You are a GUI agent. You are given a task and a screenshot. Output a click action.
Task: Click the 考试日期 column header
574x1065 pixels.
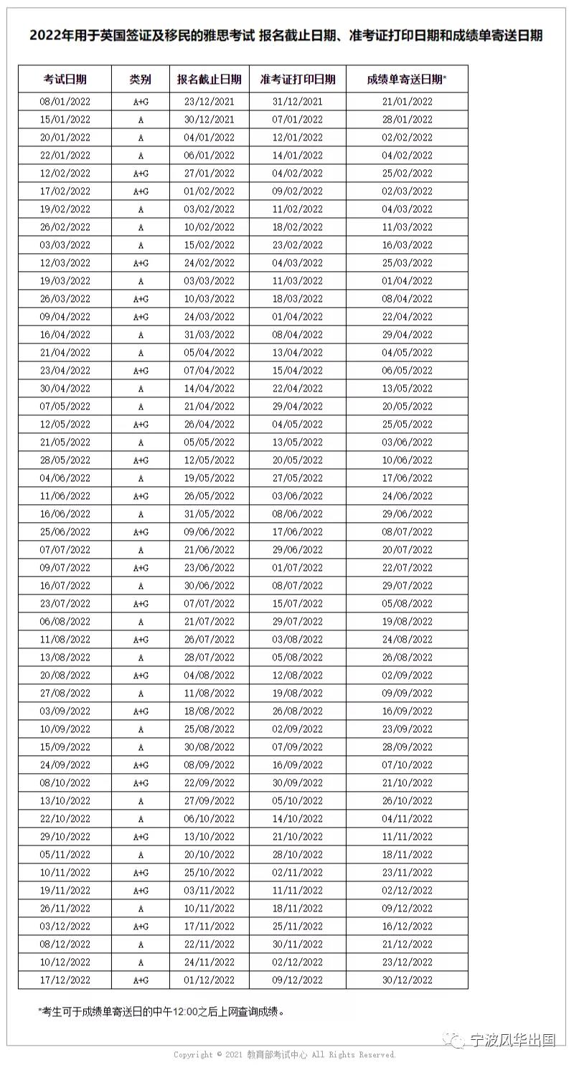pyautogui.click(x=65, y=79)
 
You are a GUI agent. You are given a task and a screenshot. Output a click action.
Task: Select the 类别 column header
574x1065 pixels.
pyautogui.click(x=141, y=79)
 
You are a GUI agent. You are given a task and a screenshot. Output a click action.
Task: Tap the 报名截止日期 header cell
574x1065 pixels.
pyautogui.click(x=210, y=79)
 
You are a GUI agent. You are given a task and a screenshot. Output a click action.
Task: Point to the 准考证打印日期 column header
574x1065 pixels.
pyautogui.click(x=298, y=79)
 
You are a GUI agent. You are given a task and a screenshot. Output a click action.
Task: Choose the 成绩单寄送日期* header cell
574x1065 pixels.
pyautogui.click(x=407, y=79)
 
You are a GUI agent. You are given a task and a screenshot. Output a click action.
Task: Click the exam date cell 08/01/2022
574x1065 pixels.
pyautogui.click(x=65, y=102)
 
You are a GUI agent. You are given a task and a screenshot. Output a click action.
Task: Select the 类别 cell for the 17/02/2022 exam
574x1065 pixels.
pyautogui.click(x=141, y=191)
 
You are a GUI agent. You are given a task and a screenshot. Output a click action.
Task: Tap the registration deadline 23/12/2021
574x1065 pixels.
pyautogui.click(x=210, y=102)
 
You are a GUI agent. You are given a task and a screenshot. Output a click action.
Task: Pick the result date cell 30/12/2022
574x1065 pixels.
pyautogui.click(x=407, y=980)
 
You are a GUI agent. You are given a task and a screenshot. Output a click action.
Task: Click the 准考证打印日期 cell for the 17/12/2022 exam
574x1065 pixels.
pyautogui.click(x=298, y=980)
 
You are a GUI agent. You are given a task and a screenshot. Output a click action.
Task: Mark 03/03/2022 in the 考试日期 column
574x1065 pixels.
pyautogui.click(x=65, y=245)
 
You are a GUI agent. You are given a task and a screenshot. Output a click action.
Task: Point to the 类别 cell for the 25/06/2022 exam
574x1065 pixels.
pyautogui.click(x=141, y=532)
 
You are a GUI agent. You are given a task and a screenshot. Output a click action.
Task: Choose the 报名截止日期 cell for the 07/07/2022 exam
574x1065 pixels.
pyautogui.click(x=210, y=550)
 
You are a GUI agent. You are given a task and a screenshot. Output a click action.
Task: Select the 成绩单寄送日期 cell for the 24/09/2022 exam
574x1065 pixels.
pyautogui.click(x=407, y=765)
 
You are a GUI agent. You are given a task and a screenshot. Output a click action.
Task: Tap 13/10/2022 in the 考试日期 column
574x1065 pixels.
pyautogui.click(x=65, y=801)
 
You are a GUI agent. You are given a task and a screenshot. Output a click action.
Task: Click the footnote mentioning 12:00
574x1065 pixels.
pyautogui.click(x=161, y=1012)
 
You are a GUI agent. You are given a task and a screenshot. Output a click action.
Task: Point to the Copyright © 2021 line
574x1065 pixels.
pyautogui.click(x=285, y=1055)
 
